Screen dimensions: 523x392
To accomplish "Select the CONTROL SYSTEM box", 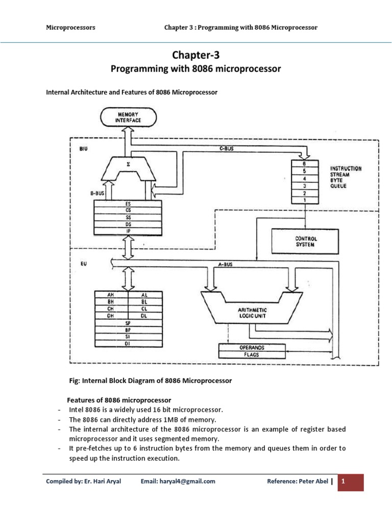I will pyautogui.click(x=306, y=241).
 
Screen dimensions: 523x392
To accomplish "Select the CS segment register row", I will pyautogui.click(x=128, y=210).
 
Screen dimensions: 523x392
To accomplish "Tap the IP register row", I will pyautogui.click(x=128, y=230).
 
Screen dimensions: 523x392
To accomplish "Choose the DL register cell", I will pyautogui.click(x=144, y=316).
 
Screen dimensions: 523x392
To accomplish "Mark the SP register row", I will pyautogui.click(x=128, y=323).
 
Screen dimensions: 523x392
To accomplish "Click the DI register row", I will pyautogui.click(x=128, y=344).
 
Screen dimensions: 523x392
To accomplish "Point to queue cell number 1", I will pyautogui.click(x=305, y=201).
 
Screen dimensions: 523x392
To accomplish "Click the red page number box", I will pyautogui.click(x=351, y=481).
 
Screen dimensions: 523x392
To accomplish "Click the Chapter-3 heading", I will pyautogui.click(x=197, y=55).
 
